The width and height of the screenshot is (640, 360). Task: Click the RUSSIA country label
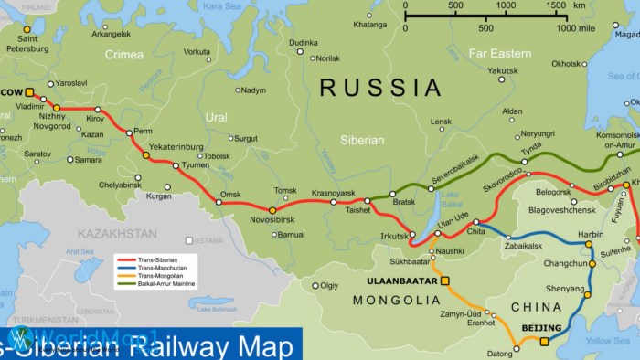380,88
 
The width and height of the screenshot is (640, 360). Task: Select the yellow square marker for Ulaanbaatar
445,281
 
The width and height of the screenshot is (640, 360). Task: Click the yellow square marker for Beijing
544,342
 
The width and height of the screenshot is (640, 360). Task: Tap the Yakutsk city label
503,70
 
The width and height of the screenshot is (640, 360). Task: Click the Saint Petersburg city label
27,44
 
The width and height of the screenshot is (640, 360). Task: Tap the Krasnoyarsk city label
333,193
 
